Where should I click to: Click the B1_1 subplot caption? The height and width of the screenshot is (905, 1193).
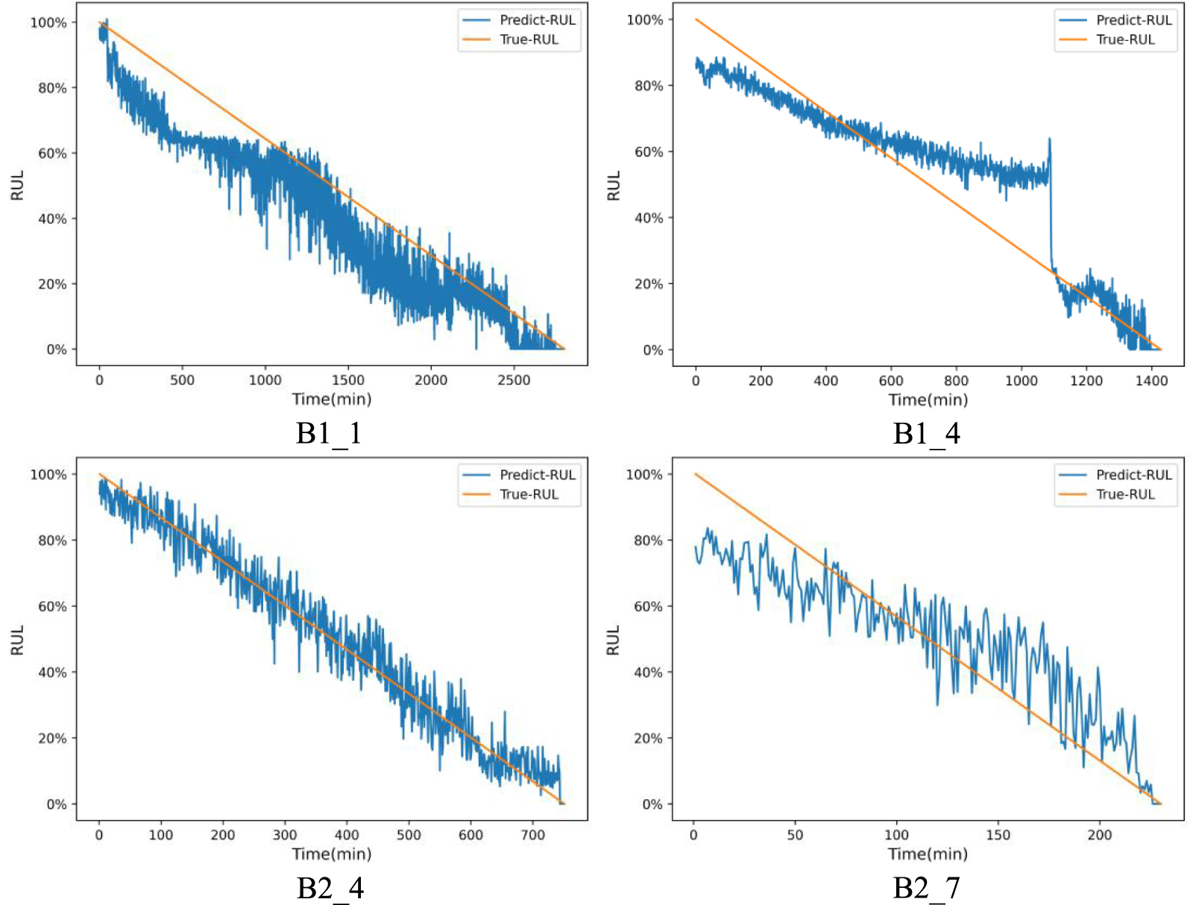click(329, 433)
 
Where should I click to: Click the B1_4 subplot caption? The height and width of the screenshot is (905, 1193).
click(926, 433)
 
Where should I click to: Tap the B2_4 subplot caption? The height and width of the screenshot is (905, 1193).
click(330, 888)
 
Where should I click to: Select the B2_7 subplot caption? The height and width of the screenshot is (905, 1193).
click(926, 888)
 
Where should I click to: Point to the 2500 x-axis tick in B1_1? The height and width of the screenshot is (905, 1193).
click(514, 380)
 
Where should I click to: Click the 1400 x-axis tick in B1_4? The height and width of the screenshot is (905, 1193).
click(1150, 381)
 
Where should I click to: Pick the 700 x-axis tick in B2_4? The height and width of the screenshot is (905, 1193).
click(532, 835)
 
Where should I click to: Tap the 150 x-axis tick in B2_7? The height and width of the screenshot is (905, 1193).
click(998, 835)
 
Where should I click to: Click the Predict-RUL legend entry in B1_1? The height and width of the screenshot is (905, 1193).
click(537, 20)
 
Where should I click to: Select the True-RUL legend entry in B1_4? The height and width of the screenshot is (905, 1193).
click(1124, 40)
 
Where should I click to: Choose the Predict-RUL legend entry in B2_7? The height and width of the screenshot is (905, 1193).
click(1133, 475)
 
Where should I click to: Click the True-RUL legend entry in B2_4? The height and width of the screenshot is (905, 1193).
click(529, 494)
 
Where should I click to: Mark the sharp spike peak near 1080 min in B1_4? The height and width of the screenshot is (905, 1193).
click(1049, 139)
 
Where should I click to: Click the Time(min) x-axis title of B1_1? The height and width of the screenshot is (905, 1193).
click(332, 399)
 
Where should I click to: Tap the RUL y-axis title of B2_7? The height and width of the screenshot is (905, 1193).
click(613, 640)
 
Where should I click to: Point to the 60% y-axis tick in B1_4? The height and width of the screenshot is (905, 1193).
click(649, 152)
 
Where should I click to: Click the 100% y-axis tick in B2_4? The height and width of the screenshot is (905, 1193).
click(48, 475)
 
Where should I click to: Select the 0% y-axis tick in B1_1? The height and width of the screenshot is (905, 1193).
click(57, 350)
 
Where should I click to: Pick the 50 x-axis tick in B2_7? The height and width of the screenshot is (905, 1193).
click(795, 835)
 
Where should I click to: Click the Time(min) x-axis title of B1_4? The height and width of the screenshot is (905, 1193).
click(928, 400)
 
